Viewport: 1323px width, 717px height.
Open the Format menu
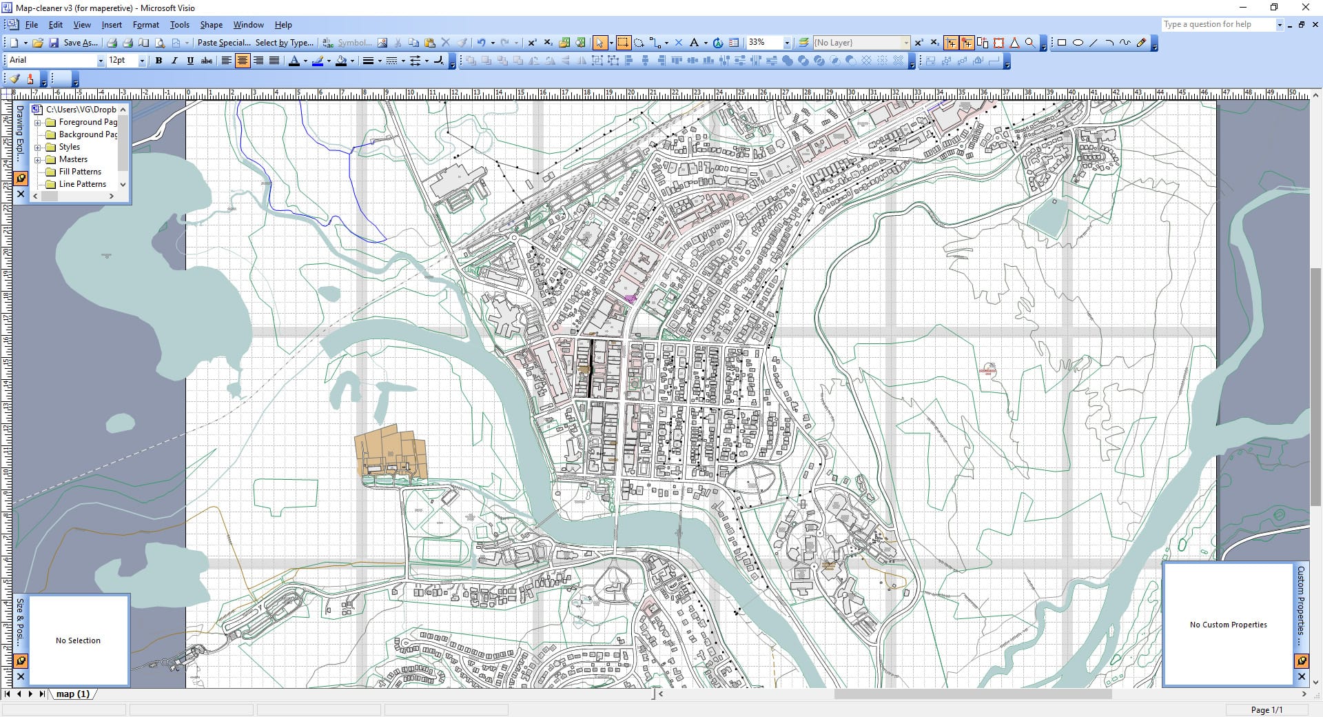145,25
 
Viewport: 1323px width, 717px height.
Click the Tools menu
179,25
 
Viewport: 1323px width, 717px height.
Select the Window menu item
248,25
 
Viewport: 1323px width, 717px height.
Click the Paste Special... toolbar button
224,43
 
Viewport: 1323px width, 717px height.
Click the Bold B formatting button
158,61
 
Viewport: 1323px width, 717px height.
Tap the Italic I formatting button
174,61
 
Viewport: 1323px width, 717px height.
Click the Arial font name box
52,61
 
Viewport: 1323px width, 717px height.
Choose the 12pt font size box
122,61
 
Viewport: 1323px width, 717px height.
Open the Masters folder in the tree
73,159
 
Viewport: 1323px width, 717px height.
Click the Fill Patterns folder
80,172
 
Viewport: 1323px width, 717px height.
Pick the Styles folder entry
69,147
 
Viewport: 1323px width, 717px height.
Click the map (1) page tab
72,694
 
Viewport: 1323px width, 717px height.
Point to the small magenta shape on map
630,299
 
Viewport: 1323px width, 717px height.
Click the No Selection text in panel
78,640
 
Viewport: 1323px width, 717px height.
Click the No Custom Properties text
1228,625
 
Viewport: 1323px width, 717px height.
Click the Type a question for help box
1216,25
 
